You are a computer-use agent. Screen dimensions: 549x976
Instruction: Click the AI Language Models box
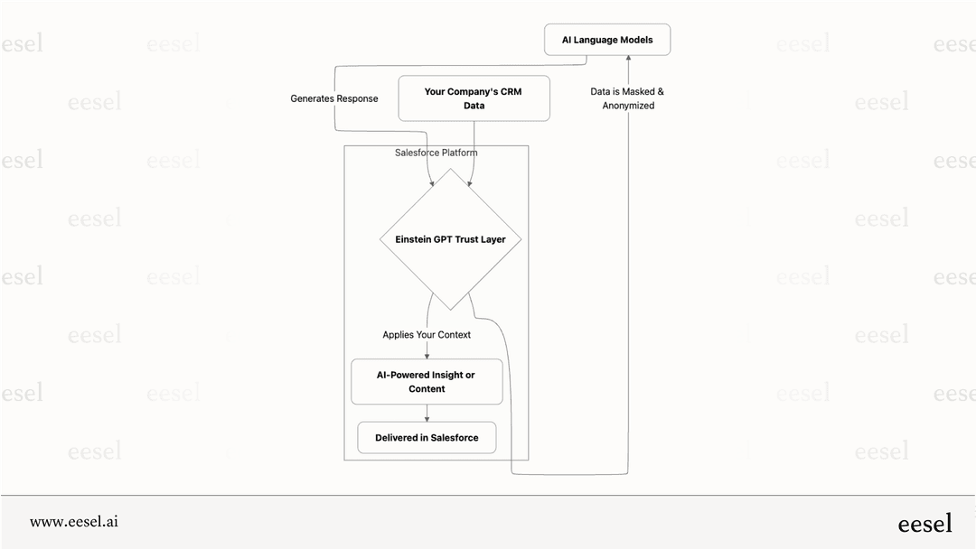pos(607,40)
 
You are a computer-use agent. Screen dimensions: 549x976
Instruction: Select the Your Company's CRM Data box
pos(474,98)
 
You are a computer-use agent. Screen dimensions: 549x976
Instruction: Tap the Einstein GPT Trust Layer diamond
pos(450,239)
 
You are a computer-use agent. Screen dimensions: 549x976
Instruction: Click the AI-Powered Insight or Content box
pos(427,382)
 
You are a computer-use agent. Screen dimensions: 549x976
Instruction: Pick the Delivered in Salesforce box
pos(427,438)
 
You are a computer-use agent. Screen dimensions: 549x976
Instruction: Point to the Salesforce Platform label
pos(436,153)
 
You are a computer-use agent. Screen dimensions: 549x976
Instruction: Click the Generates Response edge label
pos(333,98)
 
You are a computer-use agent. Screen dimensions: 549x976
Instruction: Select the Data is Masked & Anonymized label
pos(627,98)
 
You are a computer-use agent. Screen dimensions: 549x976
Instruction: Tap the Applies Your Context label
pos(427,335)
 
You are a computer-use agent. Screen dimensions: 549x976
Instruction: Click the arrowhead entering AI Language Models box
pos(628,60)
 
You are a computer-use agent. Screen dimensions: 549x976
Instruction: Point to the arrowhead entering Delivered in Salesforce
pos(427,417)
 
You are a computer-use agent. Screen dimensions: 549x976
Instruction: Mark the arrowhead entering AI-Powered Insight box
pos(427,355)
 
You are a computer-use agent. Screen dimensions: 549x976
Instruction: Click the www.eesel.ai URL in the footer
pos(74,522)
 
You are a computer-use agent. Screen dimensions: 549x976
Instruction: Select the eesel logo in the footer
pos(924,523)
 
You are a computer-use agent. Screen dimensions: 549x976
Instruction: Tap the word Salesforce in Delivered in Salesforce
pos(454,438)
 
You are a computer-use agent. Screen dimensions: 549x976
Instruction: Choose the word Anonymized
pos(628,106)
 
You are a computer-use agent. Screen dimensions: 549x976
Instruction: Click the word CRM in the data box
pos(510,92)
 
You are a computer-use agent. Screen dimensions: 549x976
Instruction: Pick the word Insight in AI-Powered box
pos(446,375)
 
